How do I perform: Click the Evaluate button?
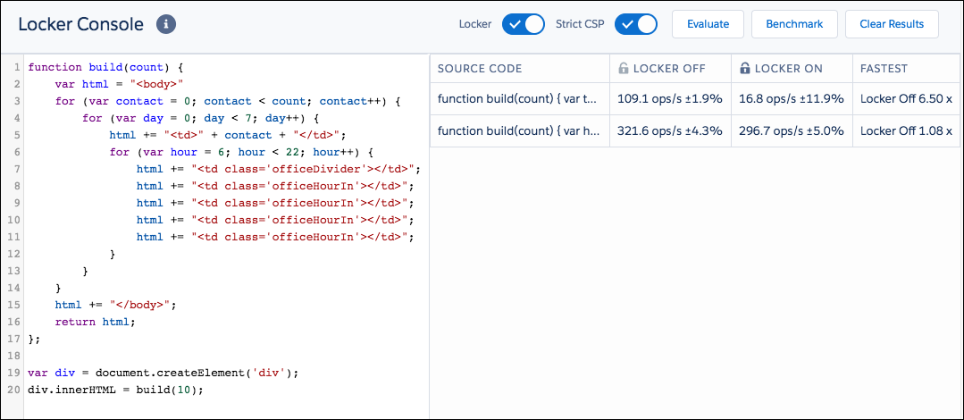tap(708, 25)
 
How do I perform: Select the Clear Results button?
tap(892, 25)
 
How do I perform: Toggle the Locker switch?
tap(524, 25)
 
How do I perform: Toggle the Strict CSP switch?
tap(636, 25)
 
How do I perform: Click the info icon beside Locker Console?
tap(166, 25)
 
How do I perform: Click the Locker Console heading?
tap(80, 25)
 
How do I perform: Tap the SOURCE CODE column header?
tap(480, 69)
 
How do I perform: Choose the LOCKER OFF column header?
tap(661, 69)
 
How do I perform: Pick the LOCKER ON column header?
tap(781, 69)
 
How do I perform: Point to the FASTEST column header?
tap(884, 69)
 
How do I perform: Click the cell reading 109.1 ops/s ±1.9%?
tap(669, 97)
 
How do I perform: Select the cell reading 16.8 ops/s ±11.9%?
tap(792, 97)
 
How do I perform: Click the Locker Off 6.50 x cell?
tap(906, 97)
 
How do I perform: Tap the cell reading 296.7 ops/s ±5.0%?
tap(792, 130)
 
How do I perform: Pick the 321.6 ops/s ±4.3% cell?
tap(669, 130)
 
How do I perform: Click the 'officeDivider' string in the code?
tap(317, 169)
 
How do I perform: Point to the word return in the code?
tap(75, 322)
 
